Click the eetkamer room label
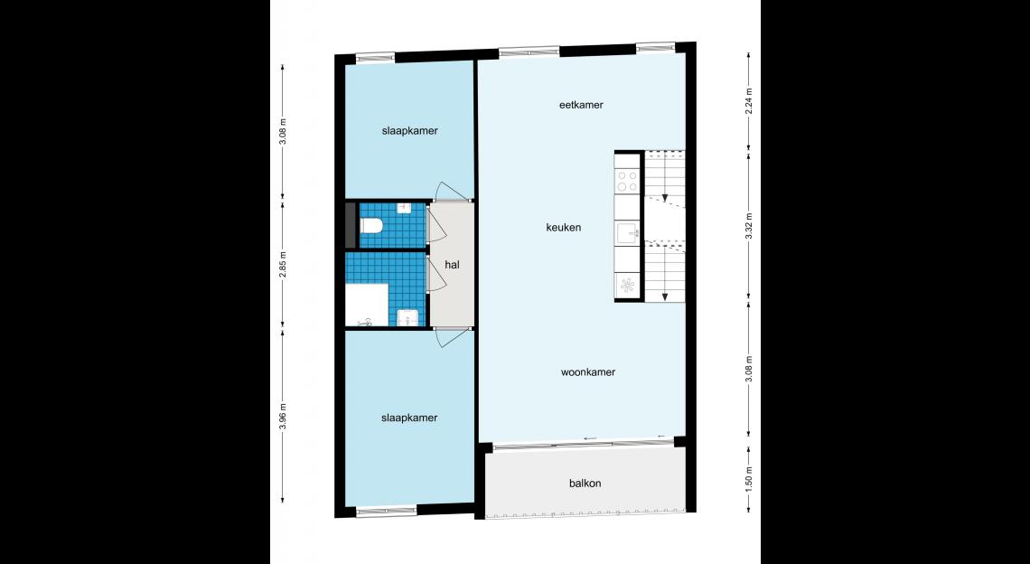(x=581, y=105)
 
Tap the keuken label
(x=564, y=228)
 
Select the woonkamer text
(x=588, y=372)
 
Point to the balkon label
(x=585, y=484)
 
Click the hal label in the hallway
(x=452, y=265)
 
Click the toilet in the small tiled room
(x=370, y=226)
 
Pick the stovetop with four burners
(x=627, y=181)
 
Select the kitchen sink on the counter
(x=627, y=233)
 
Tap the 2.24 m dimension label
(x=748, y=102)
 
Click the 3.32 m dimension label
(x=748, y=228)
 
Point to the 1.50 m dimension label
(x=748, y=479)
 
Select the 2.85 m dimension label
(x=283, y=264)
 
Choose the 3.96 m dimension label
(x=283, y=416)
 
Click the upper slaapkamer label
(x=410, y=131)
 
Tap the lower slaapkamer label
(x=409, y=418)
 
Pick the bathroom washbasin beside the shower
(x=408, y=317)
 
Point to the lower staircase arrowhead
(x=665, y=296)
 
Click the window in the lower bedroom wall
(x=387, y=511)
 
